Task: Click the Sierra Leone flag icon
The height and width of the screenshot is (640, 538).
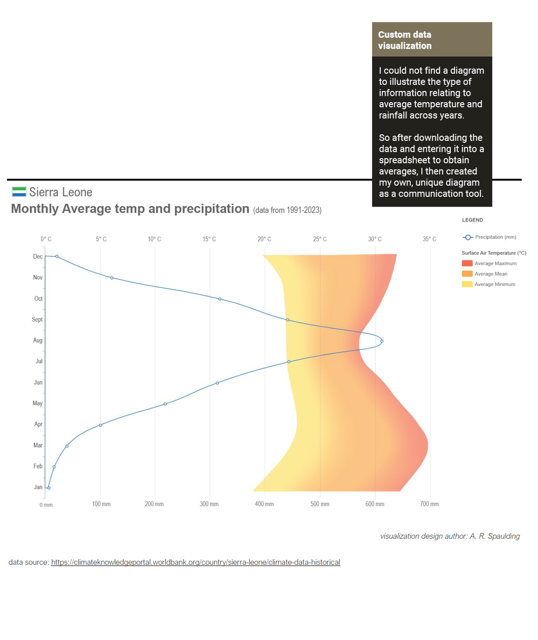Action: [19, 192]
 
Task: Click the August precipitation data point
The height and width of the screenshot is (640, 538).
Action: [382, 341]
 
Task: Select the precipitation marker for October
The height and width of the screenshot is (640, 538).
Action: [220, 299]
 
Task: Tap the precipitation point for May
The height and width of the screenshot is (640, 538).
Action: [165, 404]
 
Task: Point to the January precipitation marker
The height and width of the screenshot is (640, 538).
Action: [48, 488]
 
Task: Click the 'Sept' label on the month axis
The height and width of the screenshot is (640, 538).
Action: [37, 320]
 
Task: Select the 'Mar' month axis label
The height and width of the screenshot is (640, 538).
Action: [38, 445]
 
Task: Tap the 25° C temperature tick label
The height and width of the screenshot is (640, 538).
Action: [320, 239]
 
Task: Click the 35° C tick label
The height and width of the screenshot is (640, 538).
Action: [429, 239]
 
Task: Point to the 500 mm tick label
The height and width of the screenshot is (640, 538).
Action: [320, 504]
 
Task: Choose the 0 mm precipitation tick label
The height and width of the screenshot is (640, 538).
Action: [46, 505]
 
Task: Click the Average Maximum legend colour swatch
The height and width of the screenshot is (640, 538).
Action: [467, 264]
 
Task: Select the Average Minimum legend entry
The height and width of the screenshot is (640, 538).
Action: [495, 284]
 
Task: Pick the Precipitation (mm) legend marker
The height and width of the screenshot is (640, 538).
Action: [468, 237]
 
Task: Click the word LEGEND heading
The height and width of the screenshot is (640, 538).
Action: [472, 220]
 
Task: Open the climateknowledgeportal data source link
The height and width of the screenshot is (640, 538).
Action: [195, 563]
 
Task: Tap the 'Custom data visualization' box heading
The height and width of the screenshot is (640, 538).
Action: [405, 40]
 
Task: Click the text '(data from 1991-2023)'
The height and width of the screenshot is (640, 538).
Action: [287, 210]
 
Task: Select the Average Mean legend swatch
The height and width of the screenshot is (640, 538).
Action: [467, 274]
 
